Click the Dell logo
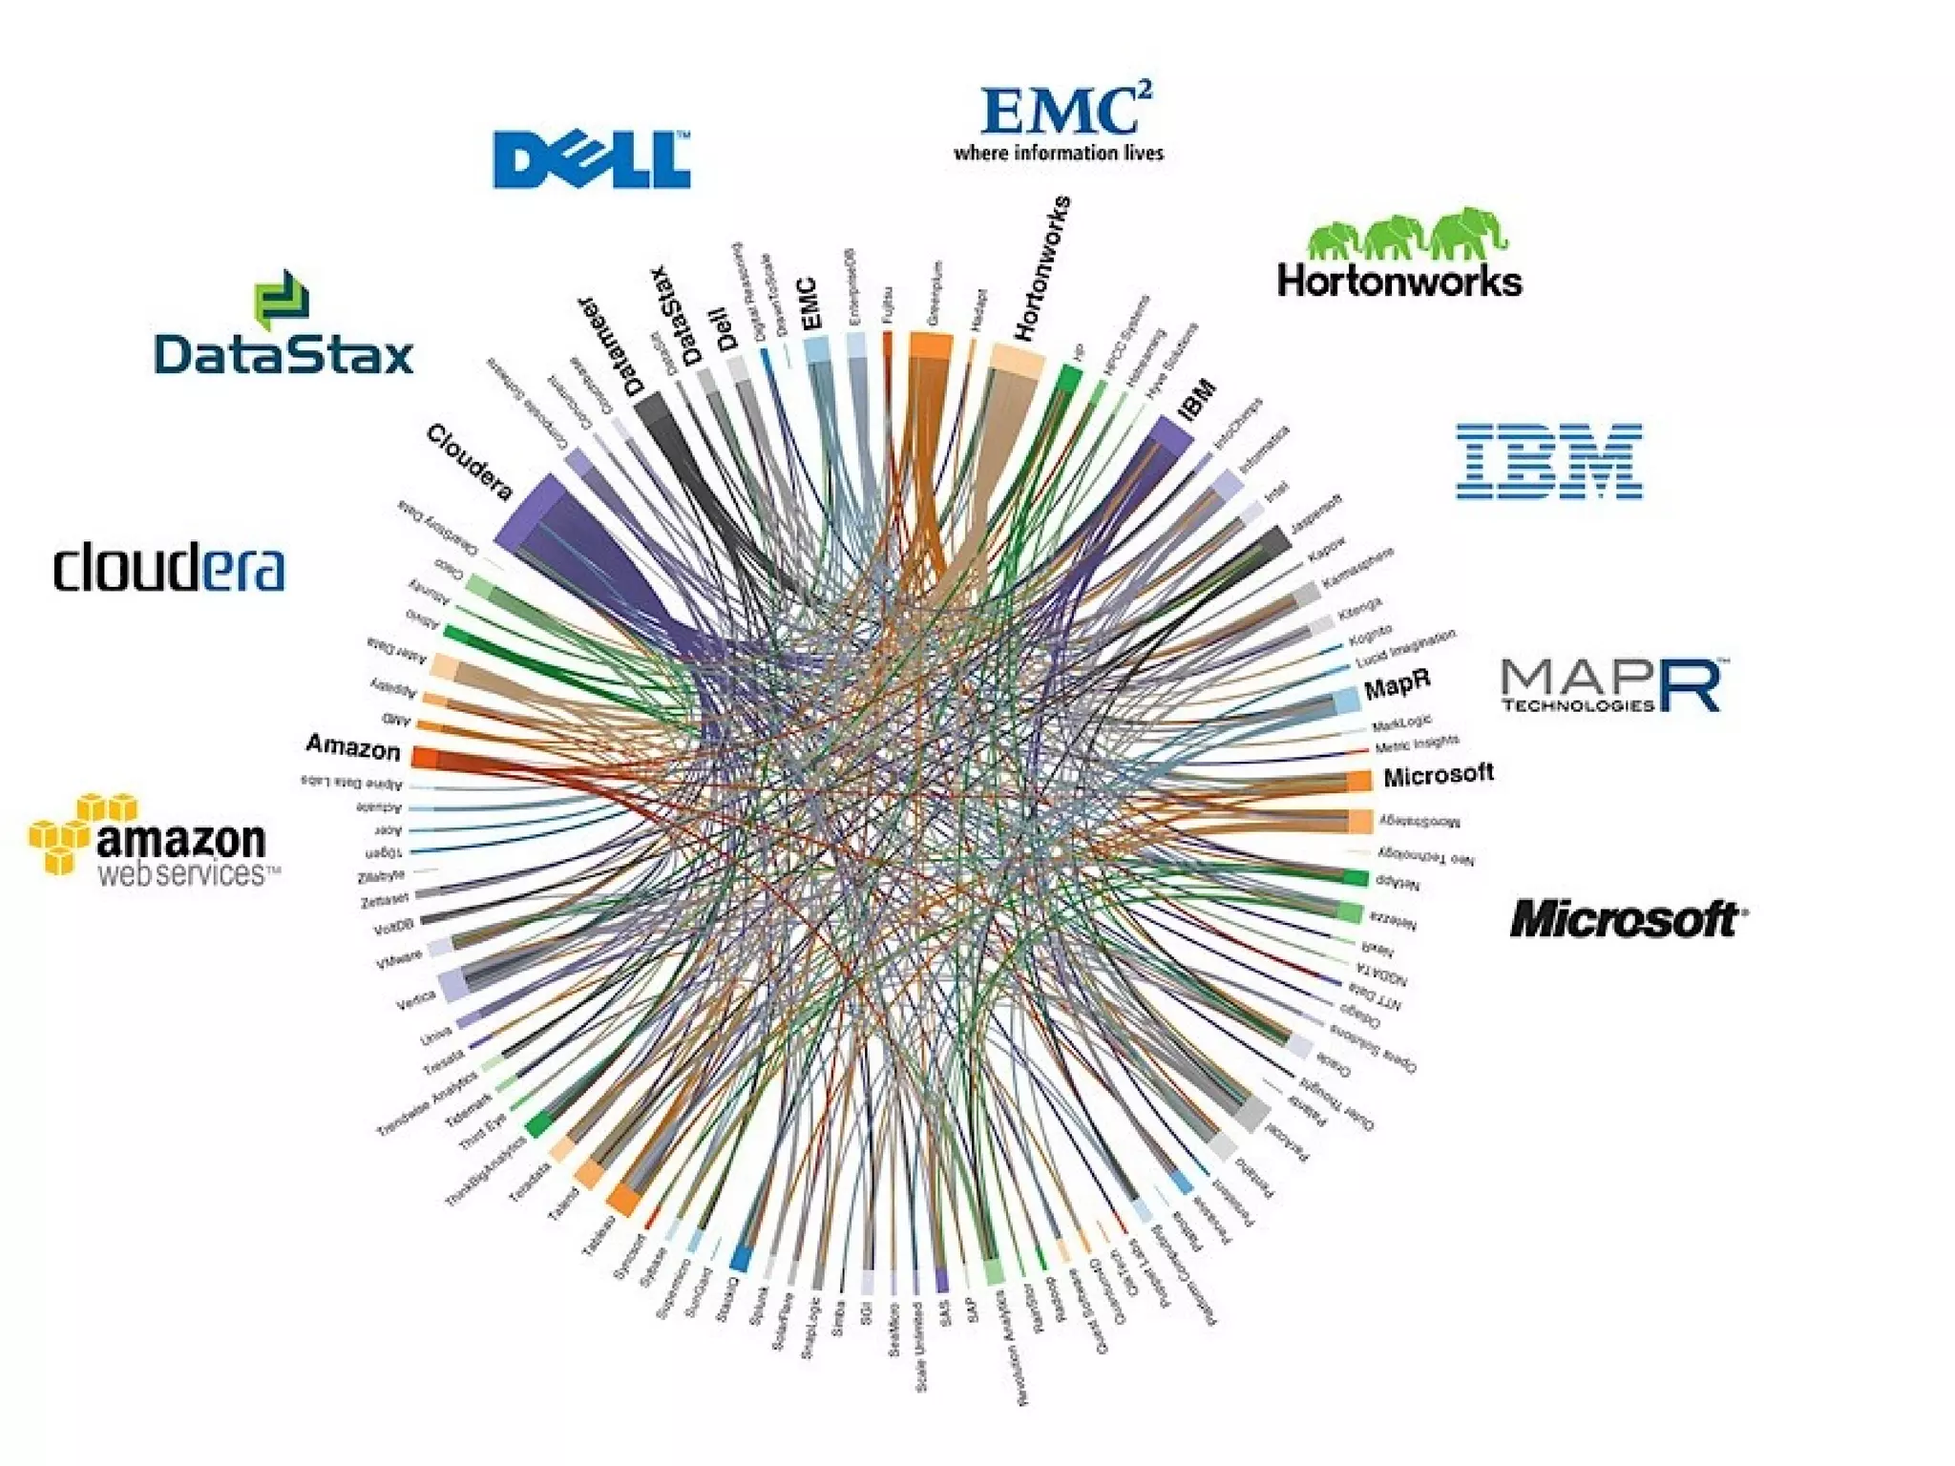[591, 159]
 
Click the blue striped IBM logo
[1548, 461]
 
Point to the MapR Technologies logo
[1609, 684]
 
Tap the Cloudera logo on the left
[169, 569]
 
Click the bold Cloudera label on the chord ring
[469, 463]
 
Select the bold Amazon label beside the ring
[353, 746]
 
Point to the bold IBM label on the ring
[1197, 400]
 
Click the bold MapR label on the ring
[1397, 683]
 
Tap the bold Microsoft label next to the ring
[1438, 775]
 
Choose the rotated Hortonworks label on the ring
[1041, 268]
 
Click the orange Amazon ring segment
[425, 758]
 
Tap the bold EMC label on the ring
[809, 304]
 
